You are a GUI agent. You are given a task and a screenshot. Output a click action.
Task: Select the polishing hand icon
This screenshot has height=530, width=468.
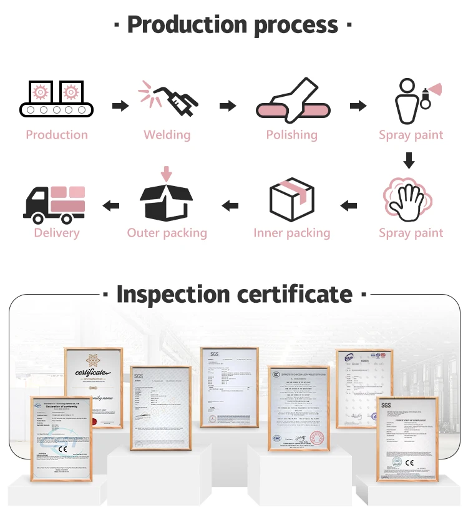click(291, 100)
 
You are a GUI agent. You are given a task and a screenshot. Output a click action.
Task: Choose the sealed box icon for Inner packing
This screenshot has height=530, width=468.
click(291, 199)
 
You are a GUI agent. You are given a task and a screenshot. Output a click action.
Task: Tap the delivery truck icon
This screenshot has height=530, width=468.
click(54, 203)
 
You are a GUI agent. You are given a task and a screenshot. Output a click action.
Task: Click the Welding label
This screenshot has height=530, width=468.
click(167, 135)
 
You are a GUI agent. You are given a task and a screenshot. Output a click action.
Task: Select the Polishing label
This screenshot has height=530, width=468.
click(291, 135)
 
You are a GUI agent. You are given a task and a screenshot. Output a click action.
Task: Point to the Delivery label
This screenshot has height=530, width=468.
click(57, 233)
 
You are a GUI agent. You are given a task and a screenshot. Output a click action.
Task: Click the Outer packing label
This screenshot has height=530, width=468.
click(167, 233)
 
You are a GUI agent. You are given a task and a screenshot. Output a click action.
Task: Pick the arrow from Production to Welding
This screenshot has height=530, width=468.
click(120, 106)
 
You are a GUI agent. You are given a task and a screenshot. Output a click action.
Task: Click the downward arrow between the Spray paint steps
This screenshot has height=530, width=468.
click(409, 160)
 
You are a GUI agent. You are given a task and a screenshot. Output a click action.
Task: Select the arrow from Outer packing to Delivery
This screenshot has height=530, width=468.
click(111, 205)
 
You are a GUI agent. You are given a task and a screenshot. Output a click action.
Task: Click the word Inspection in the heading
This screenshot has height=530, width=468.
click(180, 294)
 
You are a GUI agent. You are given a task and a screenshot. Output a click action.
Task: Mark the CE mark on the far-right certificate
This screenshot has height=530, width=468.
click(409, 463)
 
